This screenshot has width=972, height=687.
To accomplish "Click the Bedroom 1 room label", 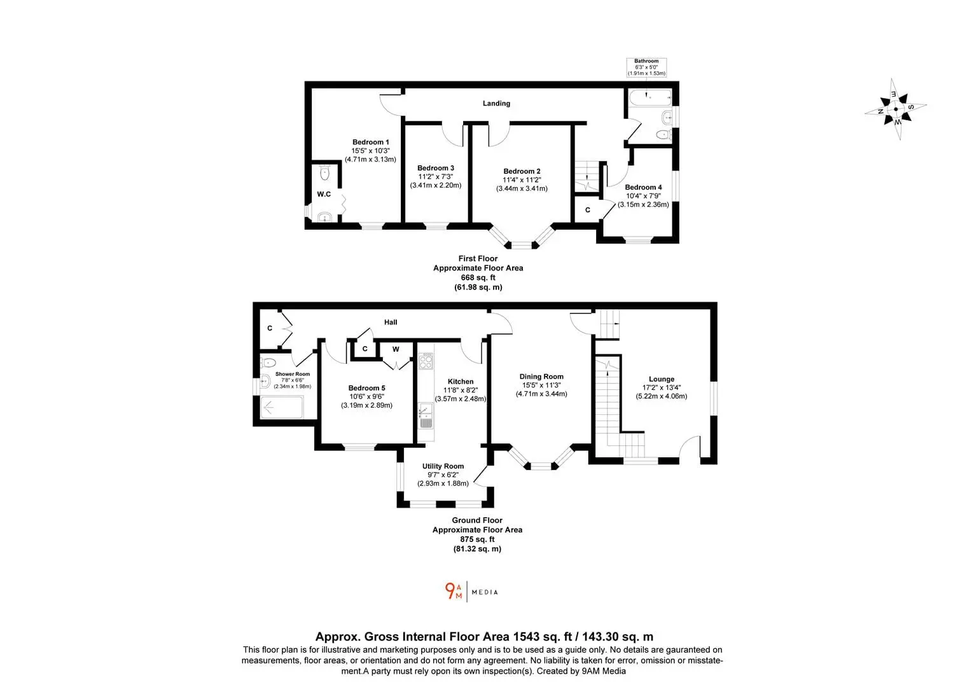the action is pyautogui.click(x=370, y=142).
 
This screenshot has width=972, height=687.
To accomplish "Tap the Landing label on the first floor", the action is pyautogui.click(x=496, y=103).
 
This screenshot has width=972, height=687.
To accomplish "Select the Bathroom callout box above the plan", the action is pyautogui.click(x=646, y=67).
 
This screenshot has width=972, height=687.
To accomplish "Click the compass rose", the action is pyautogui.click(x=896, y=109).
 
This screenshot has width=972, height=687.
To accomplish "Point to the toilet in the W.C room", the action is pyautogui.click(x=324, y=173).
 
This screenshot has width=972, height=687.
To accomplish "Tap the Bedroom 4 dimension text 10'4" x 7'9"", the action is pyautogui.click(x=643, y=196).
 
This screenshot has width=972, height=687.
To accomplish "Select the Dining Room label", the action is pyautogui.click(x=541, y=377).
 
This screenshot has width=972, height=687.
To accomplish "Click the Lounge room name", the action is pyautogui.click(x=662, y=379).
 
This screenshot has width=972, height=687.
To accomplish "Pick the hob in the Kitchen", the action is pyautogui.click(x=426, y=361).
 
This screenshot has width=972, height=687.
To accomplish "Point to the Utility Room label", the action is pyautogui.click(x=443, y=466).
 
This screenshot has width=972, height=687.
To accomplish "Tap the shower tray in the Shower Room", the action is pyautogui.click(x=282, y=407).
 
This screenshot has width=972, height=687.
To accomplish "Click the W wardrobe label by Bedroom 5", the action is pyautogui.click(x=396, y=349).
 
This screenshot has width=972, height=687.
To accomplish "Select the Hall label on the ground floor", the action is pyautogui.click(x=391, y=322).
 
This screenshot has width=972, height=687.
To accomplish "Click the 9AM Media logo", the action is pyautogui.click(x=471, y=592).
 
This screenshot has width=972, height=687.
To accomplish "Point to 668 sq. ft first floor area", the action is pyautogui.click(x=478, y=277).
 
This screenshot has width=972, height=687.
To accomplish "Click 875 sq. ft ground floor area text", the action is pyautogui.click(x=477, y=539).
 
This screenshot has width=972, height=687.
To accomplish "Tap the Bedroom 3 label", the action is pyautogui.click(x=436, y=168).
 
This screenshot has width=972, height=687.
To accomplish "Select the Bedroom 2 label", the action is pyautogui.click(x=522, y=171).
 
